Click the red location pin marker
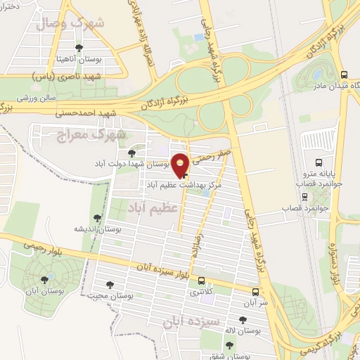tap(181, 165)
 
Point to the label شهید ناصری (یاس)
tap(67, 75)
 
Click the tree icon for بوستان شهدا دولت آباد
tap(131, 153)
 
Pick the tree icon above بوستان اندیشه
tap(96, 219)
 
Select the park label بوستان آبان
tap(32, 290)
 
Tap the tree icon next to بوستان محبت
tap(110, 284)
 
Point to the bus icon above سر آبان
tap(255, 292)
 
